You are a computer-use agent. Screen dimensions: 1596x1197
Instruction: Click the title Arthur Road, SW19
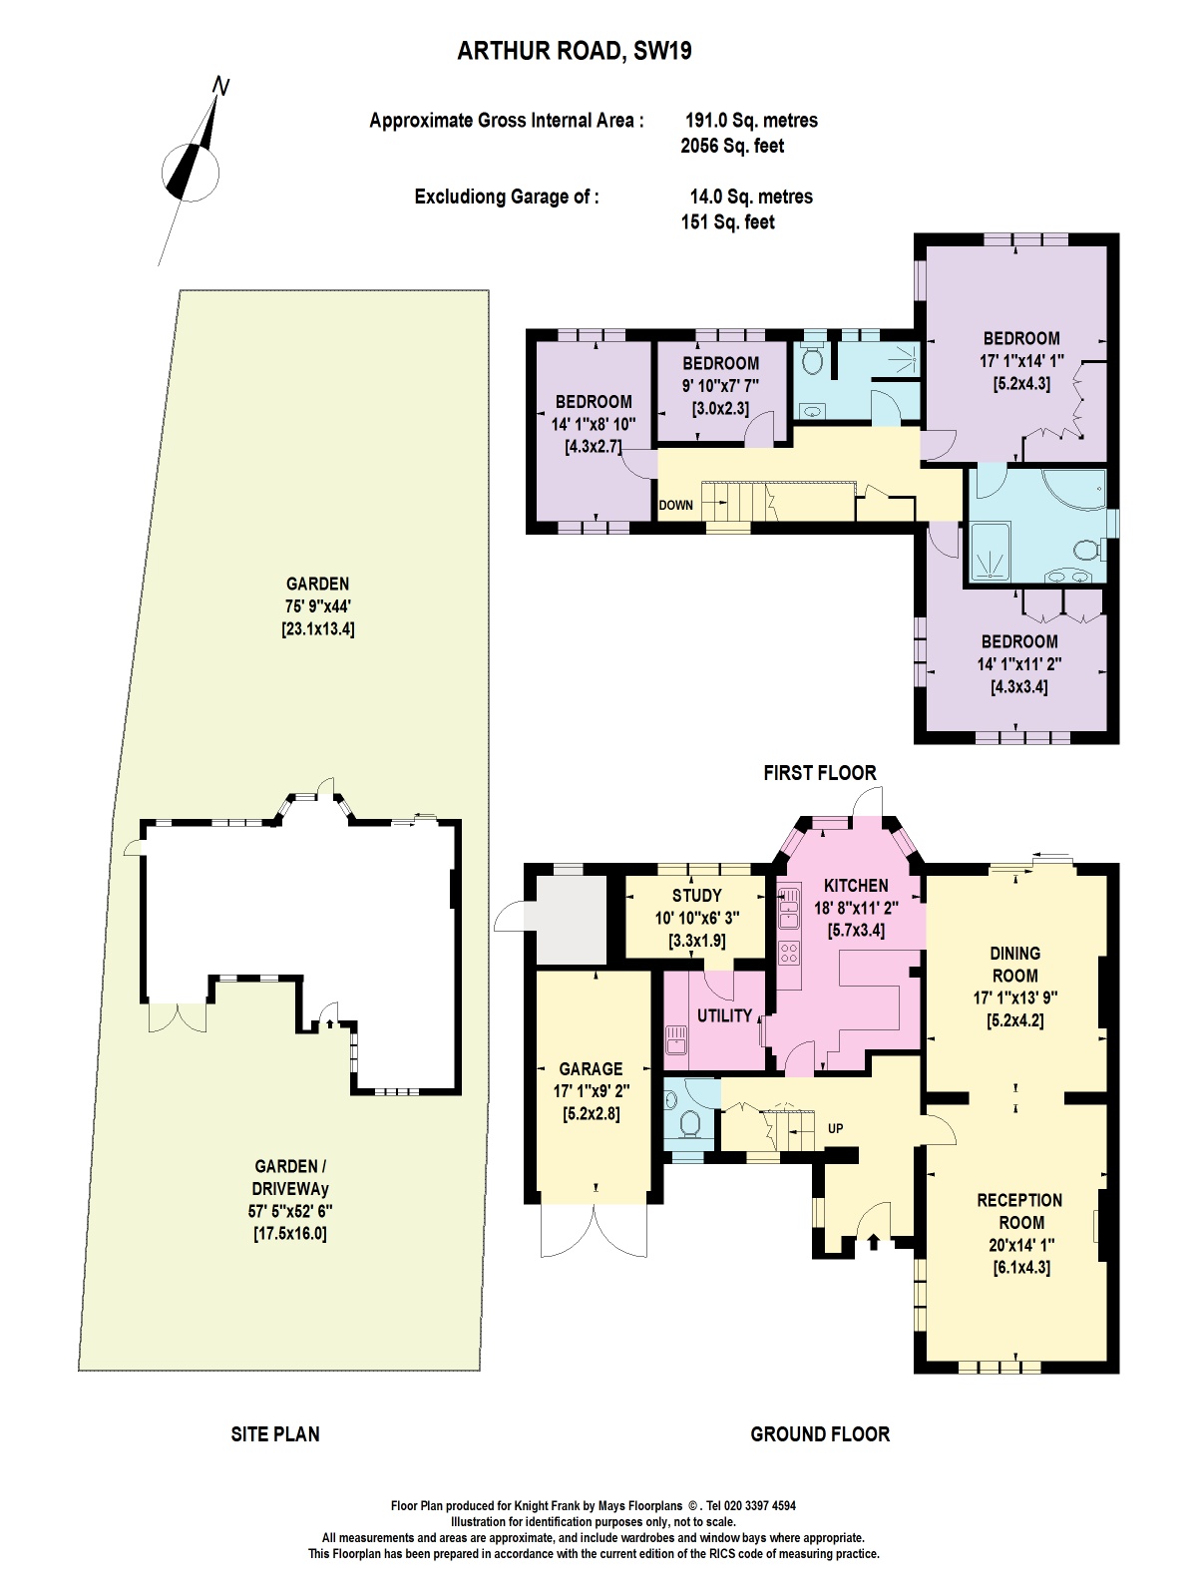pyautogui.click(x=574, y=51)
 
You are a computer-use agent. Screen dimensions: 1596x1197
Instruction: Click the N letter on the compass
pyautogui.click(x=221, y=88)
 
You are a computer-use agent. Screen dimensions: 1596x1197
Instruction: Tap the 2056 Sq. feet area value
pyautogui.click(x=731, y=146)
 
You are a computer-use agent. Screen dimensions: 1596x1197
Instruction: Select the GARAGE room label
pyautogui.click(x=591, y=1068)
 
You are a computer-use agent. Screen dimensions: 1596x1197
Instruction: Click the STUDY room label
pyautogui.click(x=696, y=896)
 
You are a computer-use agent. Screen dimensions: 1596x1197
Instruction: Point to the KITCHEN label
pyautogui.click(x=856, y=885)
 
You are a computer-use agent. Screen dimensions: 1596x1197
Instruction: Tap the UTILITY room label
pyautogui.click(x=724, y=1015)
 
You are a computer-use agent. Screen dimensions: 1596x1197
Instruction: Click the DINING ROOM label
pyautogui.click(x=1014, y=965)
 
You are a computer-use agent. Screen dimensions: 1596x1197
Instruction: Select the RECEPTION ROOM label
pyautogui.click(x=1018, y=1211)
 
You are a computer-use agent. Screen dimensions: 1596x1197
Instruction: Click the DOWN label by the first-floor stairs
pyautogui.click(x=675, y=505)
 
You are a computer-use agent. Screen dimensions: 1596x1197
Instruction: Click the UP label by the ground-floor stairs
pyautogui.click(x=835, y=1128)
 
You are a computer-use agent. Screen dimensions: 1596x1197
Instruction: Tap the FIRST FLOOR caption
pyautogui.click(x=819, y=772)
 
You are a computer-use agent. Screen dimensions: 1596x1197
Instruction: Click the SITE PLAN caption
pyautogui.click(x=275, y=1434)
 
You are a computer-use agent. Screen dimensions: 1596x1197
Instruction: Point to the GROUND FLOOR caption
pyautogui.click(x=819, y=1434)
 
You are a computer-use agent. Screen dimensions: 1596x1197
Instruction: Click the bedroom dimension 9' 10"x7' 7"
pyautogui.click(x=720, y=385)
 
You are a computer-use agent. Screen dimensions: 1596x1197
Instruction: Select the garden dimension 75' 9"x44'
pyautogui.click(x=317, y=606)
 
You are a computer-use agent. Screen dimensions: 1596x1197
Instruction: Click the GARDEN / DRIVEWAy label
pyautogui.click(x=291, y=1177)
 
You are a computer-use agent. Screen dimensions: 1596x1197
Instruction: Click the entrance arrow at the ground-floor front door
pyautogui.click(x=875, y=1241)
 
